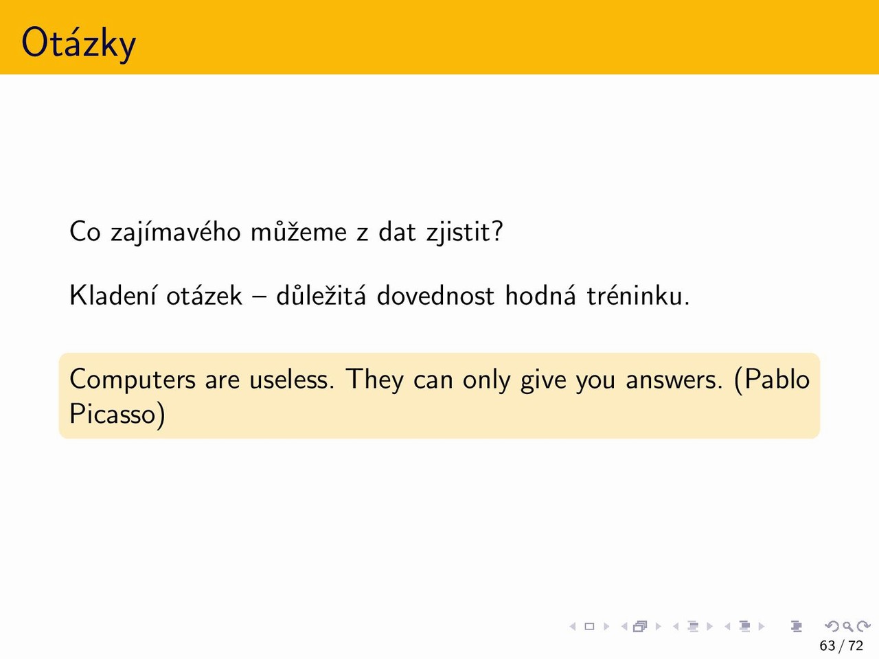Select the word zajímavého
pos(175,232)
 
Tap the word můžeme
pos(298,232)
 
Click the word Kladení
pos(113,296)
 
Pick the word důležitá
pos(321,296)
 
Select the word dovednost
pos(435,296)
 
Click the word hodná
pos(540,296)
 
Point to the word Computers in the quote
pos(133,380)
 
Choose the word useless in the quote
pos(291,380)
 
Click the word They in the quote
pos(375,380)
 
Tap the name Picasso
pos(113,414)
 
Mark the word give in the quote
pos(543,380)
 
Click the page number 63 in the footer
pos(827,646)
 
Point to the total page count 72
pos(856,646)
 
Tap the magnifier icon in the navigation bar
pos(848,626)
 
